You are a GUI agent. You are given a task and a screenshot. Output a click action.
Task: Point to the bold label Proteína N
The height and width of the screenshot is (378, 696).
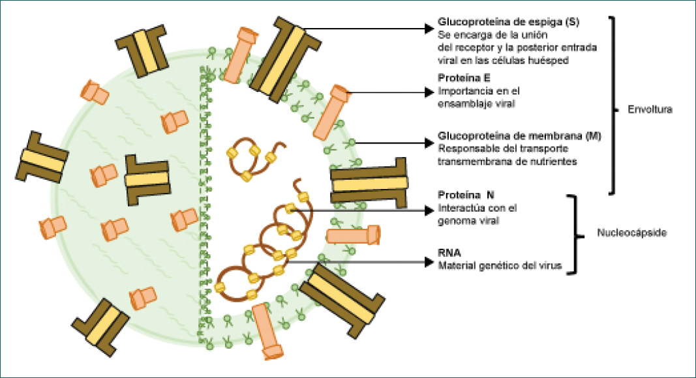coord(462,196)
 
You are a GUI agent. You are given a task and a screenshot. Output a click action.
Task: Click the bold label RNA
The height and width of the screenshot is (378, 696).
coord(449,251)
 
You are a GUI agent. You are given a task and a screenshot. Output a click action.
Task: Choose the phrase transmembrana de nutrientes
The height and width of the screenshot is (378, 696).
coord(507,161)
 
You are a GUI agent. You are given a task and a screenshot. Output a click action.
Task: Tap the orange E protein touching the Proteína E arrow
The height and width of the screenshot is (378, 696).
coord(332,111)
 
